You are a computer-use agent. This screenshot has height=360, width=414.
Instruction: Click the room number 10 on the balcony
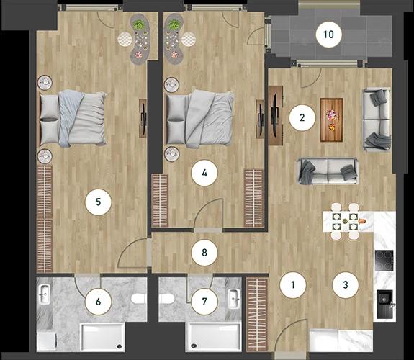click(x=328, y=35)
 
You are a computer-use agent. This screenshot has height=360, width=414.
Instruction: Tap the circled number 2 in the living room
click(x=302, y=118)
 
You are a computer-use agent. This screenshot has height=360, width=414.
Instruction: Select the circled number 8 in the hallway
click(x=204, y=253)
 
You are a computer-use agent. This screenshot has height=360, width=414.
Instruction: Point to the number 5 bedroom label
click(x=98, y=202)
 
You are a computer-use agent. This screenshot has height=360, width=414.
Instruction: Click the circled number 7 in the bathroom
click(x=204, y=302)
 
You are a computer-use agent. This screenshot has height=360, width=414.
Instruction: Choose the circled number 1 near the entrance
click(x=293, y=284)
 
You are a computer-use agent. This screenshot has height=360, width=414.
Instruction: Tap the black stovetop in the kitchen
click(x=384, y=261)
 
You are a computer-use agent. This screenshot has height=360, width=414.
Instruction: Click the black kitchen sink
click(x=384, y=304)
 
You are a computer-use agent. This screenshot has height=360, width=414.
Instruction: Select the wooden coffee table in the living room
click(x=331, y=120)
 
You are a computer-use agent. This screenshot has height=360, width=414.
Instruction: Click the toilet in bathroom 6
click(x=139, y=299)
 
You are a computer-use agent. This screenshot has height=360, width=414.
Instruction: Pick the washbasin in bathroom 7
click(x=234, y=299)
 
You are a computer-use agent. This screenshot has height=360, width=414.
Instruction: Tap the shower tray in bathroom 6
click(x=102, y=337)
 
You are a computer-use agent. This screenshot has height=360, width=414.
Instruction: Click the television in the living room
click(x=274, y=115)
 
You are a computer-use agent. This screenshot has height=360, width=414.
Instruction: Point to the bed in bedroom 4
click(x=199, y=119)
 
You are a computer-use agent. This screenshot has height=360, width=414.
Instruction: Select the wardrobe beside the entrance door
click(x=257, y=315)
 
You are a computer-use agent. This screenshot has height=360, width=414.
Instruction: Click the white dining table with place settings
click(x=348, y=221)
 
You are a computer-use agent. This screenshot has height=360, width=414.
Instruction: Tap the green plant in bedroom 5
click(x=138, y=25)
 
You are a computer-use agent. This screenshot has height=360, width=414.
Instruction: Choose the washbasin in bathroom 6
click(x=45, y=294)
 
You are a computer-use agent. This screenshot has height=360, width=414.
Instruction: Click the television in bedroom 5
click(x=143, y=119)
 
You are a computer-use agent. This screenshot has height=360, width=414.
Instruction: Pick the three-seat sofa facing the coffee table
click(x=328, y=171)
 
